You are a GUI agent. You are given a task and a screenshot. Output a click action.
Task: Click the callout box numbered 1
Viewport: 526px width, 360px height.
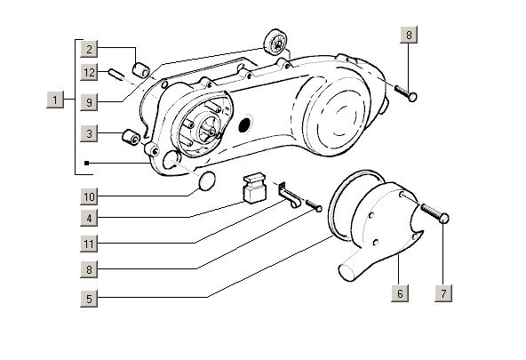tap(55, 100)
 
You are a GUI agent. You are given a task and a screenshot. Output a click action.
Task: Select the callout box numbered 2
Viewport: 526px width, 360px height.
tap(89, 49)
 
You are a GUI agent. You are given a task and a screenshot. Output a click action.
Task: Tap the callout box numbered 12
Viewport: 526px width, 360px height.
tap(89, 72)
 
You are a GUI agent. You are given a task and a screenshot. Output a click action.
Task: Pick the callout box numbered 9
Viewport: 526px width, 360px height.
tap(89, 101)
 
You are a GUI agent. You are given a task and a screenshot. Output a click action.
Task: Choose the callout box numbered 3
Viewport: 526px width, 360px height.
tap(89, 133)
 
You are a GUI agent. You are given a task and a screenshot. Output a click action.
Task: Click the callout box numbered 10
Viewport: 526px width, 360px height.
tap(89, 196)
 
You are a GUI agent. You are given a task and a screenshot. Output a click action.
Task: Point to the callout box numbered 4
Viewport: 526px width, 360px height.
tap(89, 218)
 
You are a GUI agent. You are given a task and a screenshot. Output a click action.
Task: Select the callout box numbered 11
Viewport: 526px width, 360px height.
tap(89, 244)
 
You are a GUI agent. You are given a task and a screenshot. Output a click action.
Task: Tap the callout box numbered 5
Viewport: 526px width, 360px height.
tap(89, 299)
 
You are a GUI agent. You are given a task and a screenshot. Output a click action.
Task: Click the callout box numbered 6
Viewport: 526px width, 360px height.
tap(400, 293)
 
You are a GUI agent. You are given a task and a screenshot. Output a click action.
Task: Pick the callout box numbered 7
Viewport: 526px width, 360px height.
tap(443, 293)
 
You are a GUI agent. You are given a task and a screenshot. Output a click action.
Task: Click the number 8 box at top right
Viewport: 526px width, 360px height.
tap(409, 35)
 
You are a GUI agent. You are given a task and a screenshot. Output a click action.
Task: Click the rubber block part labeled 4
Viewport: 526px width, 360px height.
tap(254, 188)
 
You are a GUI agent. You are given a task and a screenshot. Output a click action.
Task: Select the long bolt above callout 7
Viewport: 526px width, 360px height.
tap(434, 212)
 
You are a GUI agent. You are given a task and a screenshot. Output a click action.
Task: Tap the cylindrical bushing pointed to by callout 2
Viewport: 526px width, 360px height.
tap(141, 69)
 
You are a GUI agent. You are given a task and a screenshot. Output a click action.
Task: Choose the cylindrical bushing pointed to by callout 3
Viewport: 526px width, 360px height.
tap(131, 137)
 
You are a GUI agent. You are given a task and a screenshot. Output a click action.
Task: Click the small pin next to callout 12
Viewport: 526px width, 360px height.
tap(116, 74)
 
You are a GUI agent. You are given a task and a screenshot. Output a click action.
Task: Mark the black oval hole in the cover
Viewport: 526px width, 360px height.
tap(245, 124)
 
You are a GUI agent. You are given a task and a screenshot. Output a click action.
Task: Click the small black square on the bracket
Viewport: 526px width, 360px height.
tap(86, 163)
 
